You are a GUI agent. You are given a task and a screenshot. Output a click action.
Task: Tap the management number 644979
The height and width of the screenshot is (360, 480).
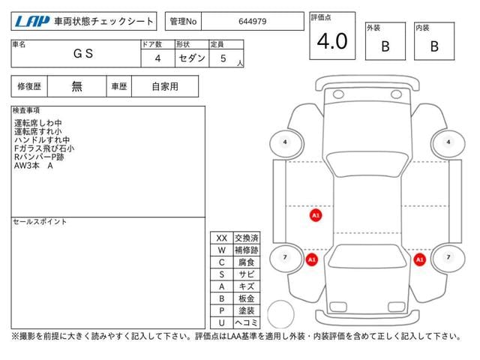(253, 22)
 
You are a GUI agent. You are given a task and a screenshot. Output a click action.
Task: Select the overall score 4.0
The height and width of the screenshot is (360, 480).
(331, 41)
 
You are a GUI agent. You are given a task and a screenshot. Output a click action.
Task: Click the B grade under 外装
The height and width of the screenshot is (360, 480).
(385, 46)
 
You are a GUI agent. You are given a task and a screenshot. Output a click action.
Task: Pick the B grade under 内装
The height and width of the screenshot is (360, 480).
(433, 46)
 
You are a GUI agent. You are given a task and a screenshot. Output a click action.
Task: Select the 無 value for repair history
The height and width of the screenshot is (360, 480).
(77, 86)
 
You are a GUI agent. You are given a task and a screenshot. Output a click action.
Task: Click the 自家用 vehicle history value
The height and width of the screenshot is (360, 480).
(165, 86)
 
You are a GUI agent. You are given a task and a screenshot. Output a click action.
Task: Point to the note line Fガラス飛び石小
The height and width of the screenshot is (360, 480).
(44, 148)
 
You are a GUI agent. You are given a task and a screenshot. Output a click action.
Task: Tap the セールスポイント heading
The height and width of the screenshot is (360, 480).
(40, 222)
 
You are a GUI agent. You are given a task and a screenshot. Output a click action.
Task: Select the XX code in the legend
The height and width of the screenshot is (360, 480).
(221, 237)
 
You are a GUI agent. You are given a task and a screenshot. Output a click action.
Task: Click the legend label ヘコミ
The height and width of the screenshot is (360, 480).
(244, 322)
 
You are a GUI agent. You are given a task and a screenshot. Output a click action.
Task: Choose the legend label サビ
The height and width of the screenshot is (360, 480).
(247, 274)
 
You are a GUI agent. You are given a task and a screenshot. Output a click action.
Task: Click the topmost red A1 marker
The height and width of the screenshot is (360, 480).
(315, 215)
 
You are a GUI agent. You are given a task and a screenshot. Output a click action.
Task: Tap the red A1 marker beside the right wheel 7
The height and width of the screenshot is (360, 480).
(419, 259)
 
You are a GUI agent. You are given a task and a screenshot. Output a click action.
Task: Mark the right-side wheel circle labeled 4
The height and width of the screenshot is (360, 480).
(448, 142)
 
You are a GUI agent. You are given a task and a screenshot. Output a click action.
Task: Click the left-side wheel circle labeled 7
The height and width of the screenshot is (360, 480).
(284, 257)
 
